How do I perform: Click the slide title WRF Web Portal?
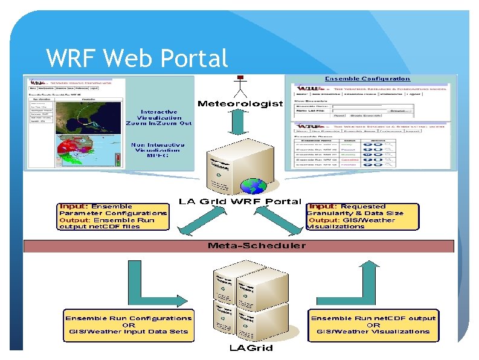137,58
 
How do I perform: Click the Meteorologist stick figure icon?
240,86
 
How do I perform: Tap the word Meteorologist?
240,104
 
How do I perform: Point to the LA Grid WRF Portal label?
240,201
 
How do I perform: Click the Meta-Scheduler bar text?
240,246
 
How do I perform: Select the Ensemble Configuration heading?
367,79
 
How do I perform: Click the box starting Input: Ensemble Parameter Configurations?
114,216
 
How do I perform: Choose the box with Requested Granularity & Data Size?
362,216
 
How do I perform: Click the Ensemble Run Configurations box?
129,324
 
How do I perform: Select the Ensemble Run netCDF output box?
373,324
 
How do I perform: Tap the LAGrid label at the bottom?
250,348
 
